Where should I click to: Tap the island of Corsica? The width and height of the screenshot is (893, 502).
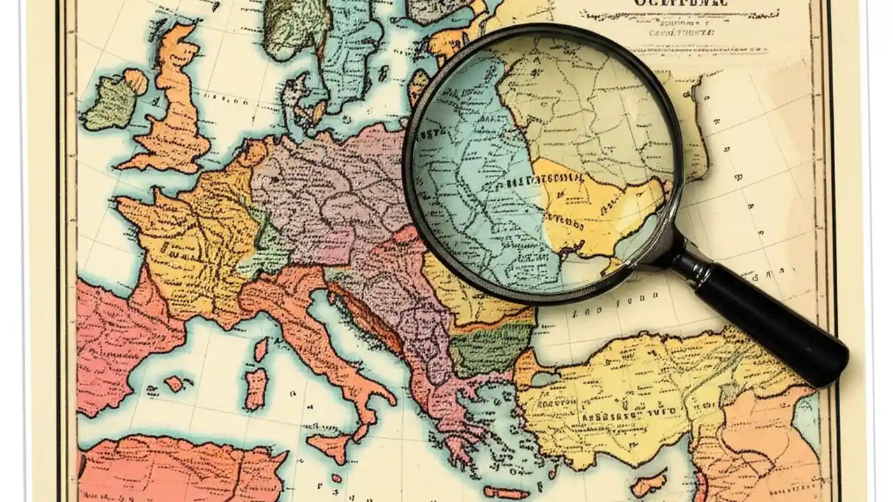tap(260, 349)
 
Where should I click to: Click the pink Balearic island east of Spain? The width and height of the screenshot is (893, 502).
tap(174, 383)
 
